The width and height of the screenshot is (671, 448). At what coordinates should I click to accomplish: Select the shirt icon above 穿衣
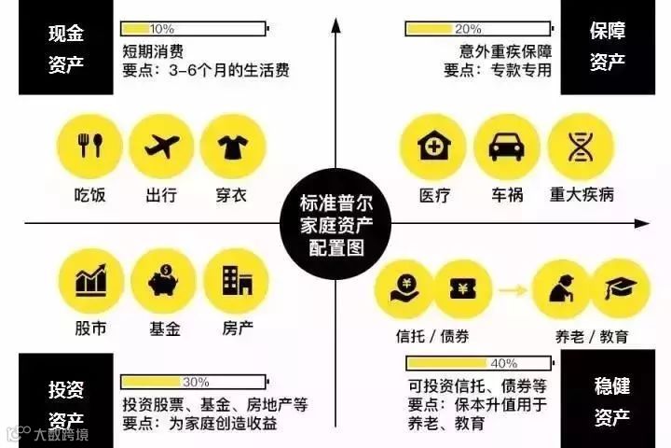[233, 147]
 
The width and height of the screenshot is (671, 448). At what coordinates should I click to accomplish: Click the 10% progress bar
[194, 29]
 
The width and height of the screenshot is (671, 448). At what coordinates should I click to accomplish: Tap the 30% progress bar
[194, 383]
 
